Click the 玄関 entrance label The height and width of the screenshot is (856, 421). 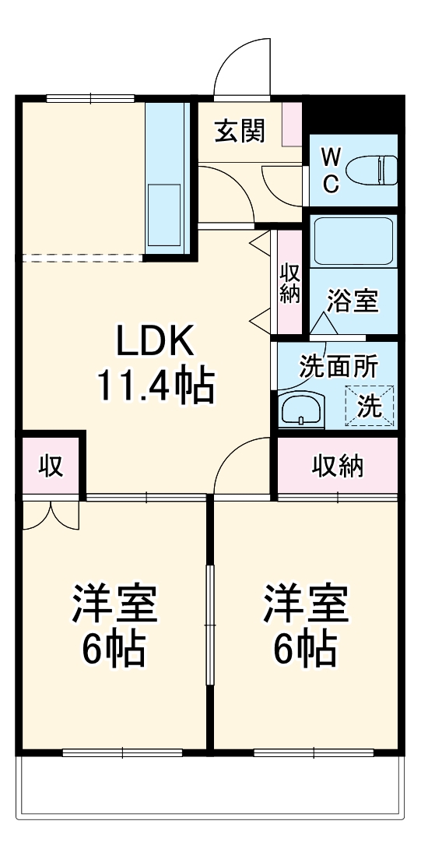tap(239, 131)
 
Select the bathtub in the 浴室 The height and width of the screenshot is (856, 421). tap(353, 241)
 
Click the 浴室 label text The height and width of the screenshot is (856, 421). tap(353, 301)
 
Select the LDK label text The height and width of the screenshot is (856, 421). tap(154, 340)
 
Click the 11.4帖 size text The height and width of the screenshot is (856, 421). tap(154, 384)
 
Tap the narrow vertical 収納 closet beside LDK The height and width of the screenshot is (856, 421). tap(289, 283)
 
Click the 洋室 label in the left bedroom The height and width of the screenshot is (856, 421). tap(114, 604)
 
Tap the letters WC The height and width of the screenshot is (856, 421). tap(331, 171)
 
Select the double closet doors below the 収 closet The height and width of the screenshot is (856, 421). tap(50, 515)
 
